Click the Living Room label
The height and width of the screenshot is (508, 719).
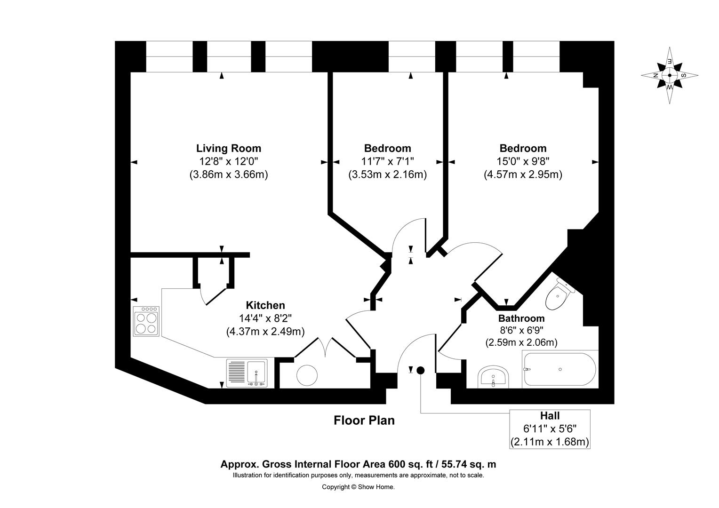tap(228, 149)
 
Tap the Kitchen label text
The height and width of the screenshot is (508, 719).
tap(265, 305)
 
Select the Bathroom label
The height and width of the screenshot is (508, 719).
tap(521, 318)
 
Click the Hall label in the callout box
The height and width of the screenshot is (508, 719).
tap(550, 416)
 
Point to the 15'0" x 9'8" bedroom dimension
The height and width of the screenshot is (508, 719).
tap(523, 161)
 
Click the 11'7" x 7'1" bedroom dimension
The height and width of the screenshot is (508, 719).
tap(387, 161)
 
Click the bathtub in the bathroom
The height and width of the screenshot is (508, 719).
tap(559, 370)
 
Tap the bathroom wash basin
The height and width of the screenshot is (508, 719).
tap(493, 377)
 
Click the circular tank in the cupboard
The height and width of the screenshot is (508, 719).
tap(309, 375)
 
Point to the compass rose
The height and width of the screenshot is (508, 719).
tap(669, 75)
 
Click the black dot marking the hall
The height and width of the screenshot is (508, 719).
tap(420, 370)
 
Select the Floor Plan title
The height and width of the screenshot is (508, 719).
tap(364, 421)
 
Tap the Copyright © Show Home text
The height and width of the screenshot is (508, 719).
tap(358, 487)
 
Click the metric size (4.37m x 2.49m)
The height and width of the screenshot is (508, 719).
tap(265, 331)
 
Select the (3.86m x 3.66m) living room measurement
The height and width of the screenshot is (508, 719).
tap(228, 175)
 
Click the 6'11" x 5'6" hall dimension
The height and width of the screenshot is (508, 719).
tap(550, 429)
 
